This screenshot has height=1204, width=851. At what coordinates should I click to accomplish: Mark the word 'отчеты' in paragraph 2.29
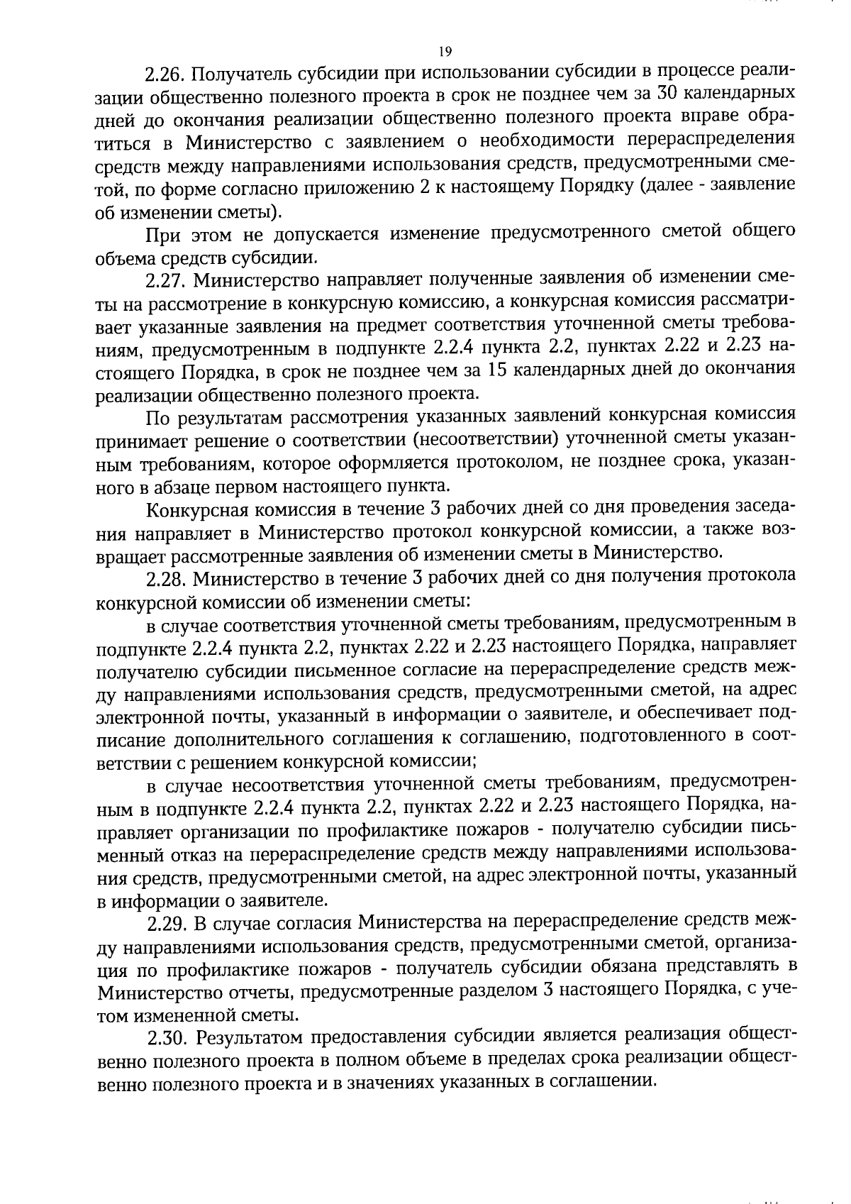(x=267, y=990)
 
